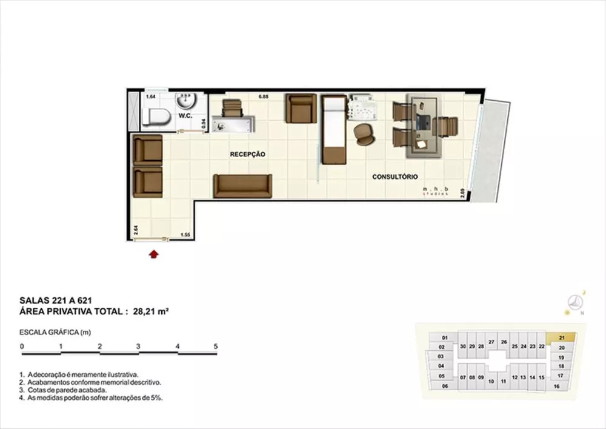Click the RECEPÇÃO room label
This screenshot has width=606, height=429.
247,155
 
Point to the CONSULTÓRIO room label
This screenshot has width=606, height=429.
395,177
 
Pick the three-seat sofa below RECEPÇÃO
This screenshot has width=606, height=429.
242,186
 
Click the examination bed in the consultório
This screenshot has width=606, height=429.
333,129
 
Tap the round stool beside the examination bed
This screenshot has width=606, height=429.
365,133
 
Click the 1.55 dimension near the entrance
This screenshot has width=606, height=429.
185,234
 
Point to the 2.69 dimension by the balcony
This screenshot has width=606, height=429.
462,194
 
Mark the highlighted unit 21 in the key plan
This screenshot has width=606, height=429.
562,338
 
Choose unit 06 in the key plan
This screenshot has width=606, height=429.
445,386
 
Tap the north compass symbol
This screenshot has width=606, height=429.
575,302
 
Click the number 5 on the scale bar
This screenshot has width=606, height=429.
216,346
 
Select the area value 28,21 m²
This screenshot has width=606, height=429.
150,312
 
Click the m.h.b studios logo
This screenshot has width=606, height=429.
437,192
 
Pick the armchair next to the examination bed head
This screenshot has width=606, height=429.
301,108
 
